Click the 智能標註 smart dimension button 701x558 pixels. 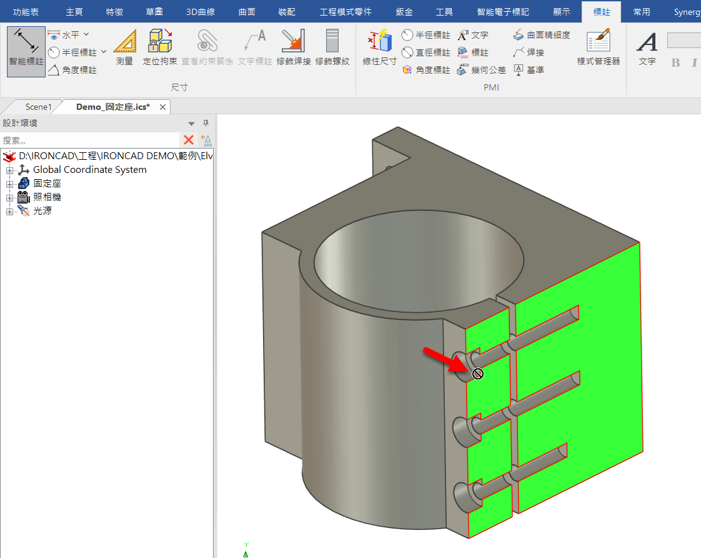click(26, 51)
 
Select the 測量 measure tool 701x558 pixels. click(124, 48)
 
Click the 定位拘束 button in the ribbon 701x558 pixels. click(160, 48)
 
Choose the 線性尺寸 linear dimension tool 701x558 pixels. click(380, 48)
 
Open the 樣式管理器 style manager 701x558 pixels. click(598, 48)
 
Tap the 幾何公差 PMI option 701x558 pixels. click(482, 70)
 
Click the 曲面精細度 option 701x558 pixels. click(542, 35)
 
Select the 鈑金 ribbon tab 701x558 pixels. click(404, 12)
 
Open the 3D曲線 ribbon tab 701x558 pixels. click(201, 12)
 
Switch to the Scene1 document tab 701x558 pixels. click(38, 107)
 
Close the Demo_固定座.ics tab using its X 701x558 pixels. click(163, 107)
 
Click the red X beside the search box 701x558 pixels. click(189, 140)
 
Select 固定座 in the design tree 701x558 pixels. click(47, 184)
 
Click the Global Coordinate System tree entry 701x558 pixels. click(89, 170)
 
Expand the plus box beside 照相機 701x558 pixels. click(9, 197)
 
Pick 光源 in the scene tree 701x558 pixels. click(42, 211)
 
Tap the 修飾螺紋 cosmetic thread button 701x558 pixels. click(332, 48)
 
